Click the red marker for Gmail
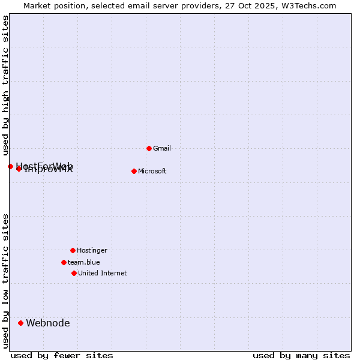click(x=149, y=148)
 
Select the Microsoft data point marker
click(x=134, y=171)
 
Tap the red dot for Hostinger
click(x=73, y=250)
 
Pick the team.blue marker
click(x=64, y=262)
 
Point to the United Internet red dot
click(x=74, y=273)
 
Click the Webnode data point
click(x=20, y=323)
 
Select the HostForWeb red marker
click(x=10, y=166)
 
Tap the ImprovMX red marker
click(x=19, y=169)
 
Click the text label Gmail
click(x=162, y=148)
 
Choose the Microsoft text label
click(x=152, y=171)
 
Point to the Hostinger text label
click(x=92, y=250)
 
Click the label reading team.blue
click(x=84, y=262)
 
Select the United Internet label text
click(x=103, y=273)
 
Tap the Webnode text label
click(x=48, y=323)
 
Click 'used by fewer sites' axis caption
click(x=62, y=356)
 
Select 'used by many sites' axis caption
click(x=301, y=356)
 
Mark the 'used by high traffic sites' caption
click(x=6, y=86)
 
